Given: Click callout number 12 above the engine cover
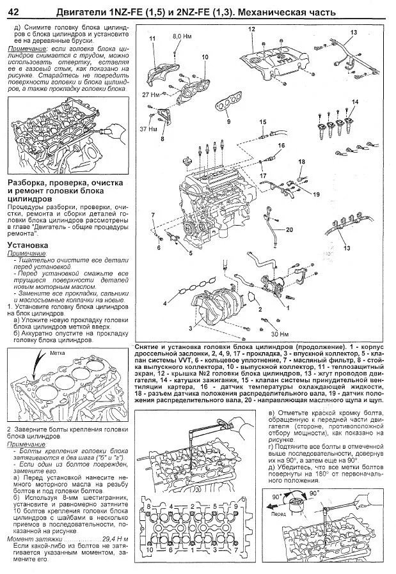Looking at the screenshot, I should click(x=251, y=29).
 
